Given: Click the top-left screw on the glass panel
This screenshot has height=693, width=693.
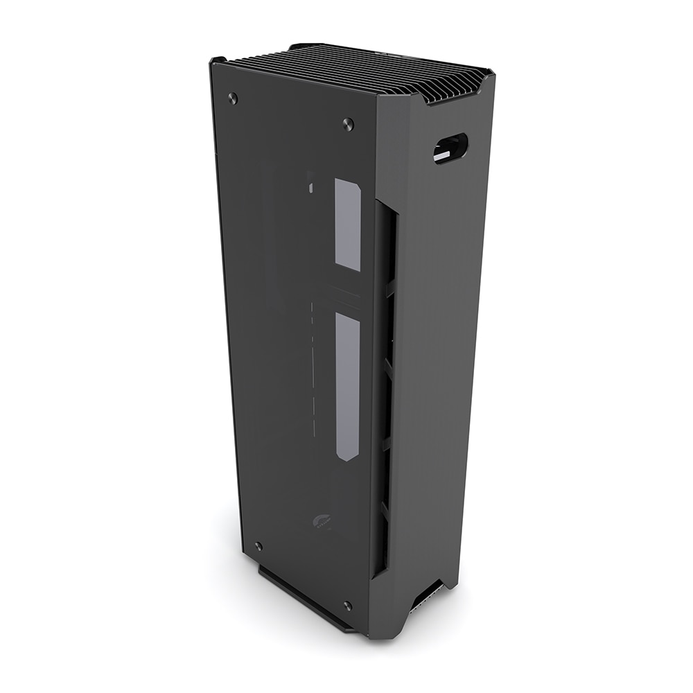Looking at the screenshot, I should pyautogui.click(x=233, y=98).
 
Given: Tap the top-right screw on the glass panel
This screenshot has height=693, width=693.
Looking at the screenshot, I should pyautogui.click(x=348, y=125).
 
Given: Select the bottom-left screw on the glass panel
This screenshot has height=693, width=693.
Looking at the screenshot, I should pyautogui.click(x=258, y=547).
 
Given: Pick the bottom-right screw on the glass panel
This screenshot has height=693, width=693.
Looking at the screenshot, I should pyautogui.click(x=347, y=606).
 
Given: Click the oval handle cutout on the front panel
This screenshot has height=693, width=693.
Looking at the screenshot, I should pyautogui.click(x=450, y=148).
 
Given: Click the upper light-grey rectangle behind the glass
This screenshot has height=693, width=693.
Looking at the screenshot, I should pyautogui.click(x=348, y=224).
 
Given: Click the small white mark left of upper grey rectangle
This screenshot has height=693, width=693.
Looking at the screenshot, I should pyautogui.click(x=310, y=186).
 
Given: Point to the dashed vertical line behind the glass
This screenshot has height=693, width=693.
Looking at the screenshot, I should pyautogui.click(x=314, y=367).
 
